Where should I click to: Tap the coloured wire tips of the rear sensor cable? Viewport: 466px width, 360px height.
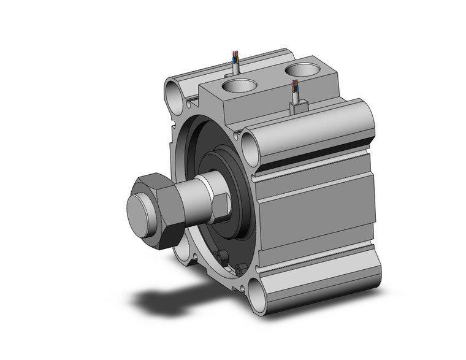click(235, 58)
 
